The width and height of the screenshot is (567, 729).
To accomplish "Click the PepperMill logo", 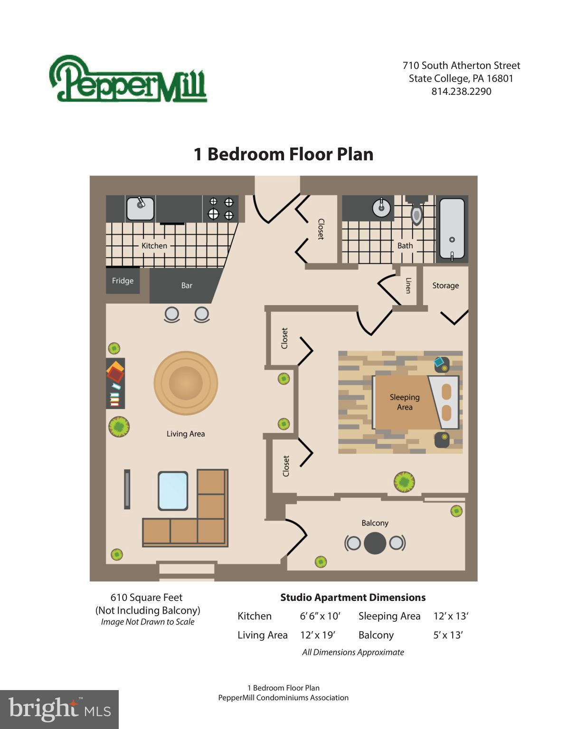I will pyautogui.click(x=128, y=79).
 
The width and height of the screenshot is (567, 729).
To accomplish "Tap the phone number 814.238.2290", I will pyautogui.click(x=461, y=91).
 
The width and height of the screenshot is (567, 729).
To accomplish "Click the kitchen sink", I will pyautogui.click(x=140, y=208).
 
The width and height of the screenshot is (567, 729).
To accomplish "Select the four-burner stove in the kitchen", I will pyautogui.click(x=221, y=208).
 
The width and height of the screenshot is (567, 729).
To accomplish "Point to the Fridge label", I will pyautogui.click(x=123, y=280).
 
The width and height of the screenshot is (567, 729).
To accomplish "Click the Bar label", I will pyautogui.click(x=187, y=285).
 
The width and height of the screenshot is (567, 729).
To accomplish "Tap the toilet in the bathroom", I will pyautogui.click(x=416, y=214).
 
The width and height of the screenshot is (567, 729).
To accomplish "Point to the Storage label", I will pyautogui.click(x=445, y=285).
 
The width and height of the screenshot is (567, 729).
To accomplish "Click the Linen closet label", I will pyautogui.click(x=408, y=285).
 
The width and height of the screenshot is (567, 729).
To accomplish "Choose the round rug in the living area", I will pyautogui.click(x=186, y=383).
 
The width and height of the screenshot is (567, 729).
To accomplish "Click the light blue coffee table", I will pyautogui.click(x=173, y=491).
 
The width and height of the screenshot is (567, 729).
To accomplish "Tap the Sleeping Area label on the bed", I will pyautogui.click(x=405, y=402).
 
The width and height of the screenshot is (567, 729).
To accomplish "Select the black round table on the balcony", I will pyautogui.click(x=375, y=543).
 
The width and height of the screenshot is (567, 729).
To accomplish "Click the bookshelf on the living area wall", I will pyautogui.click(x=115, y=383).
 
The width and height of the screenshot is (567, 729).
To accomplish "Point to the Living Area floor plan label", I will pyautogui.click(x=186, y=433).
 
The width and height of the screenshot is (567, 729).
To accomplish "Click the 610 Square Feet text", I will pyautogui.click(x=146, y=598).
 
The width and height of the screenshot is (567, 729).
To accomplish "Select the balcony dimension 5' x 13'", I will pyautogui.click(x=448, y=635).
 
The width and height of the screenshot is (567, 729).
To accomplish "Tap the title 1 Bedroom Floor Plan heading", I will pyautogui.click(x=283, y=154).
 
